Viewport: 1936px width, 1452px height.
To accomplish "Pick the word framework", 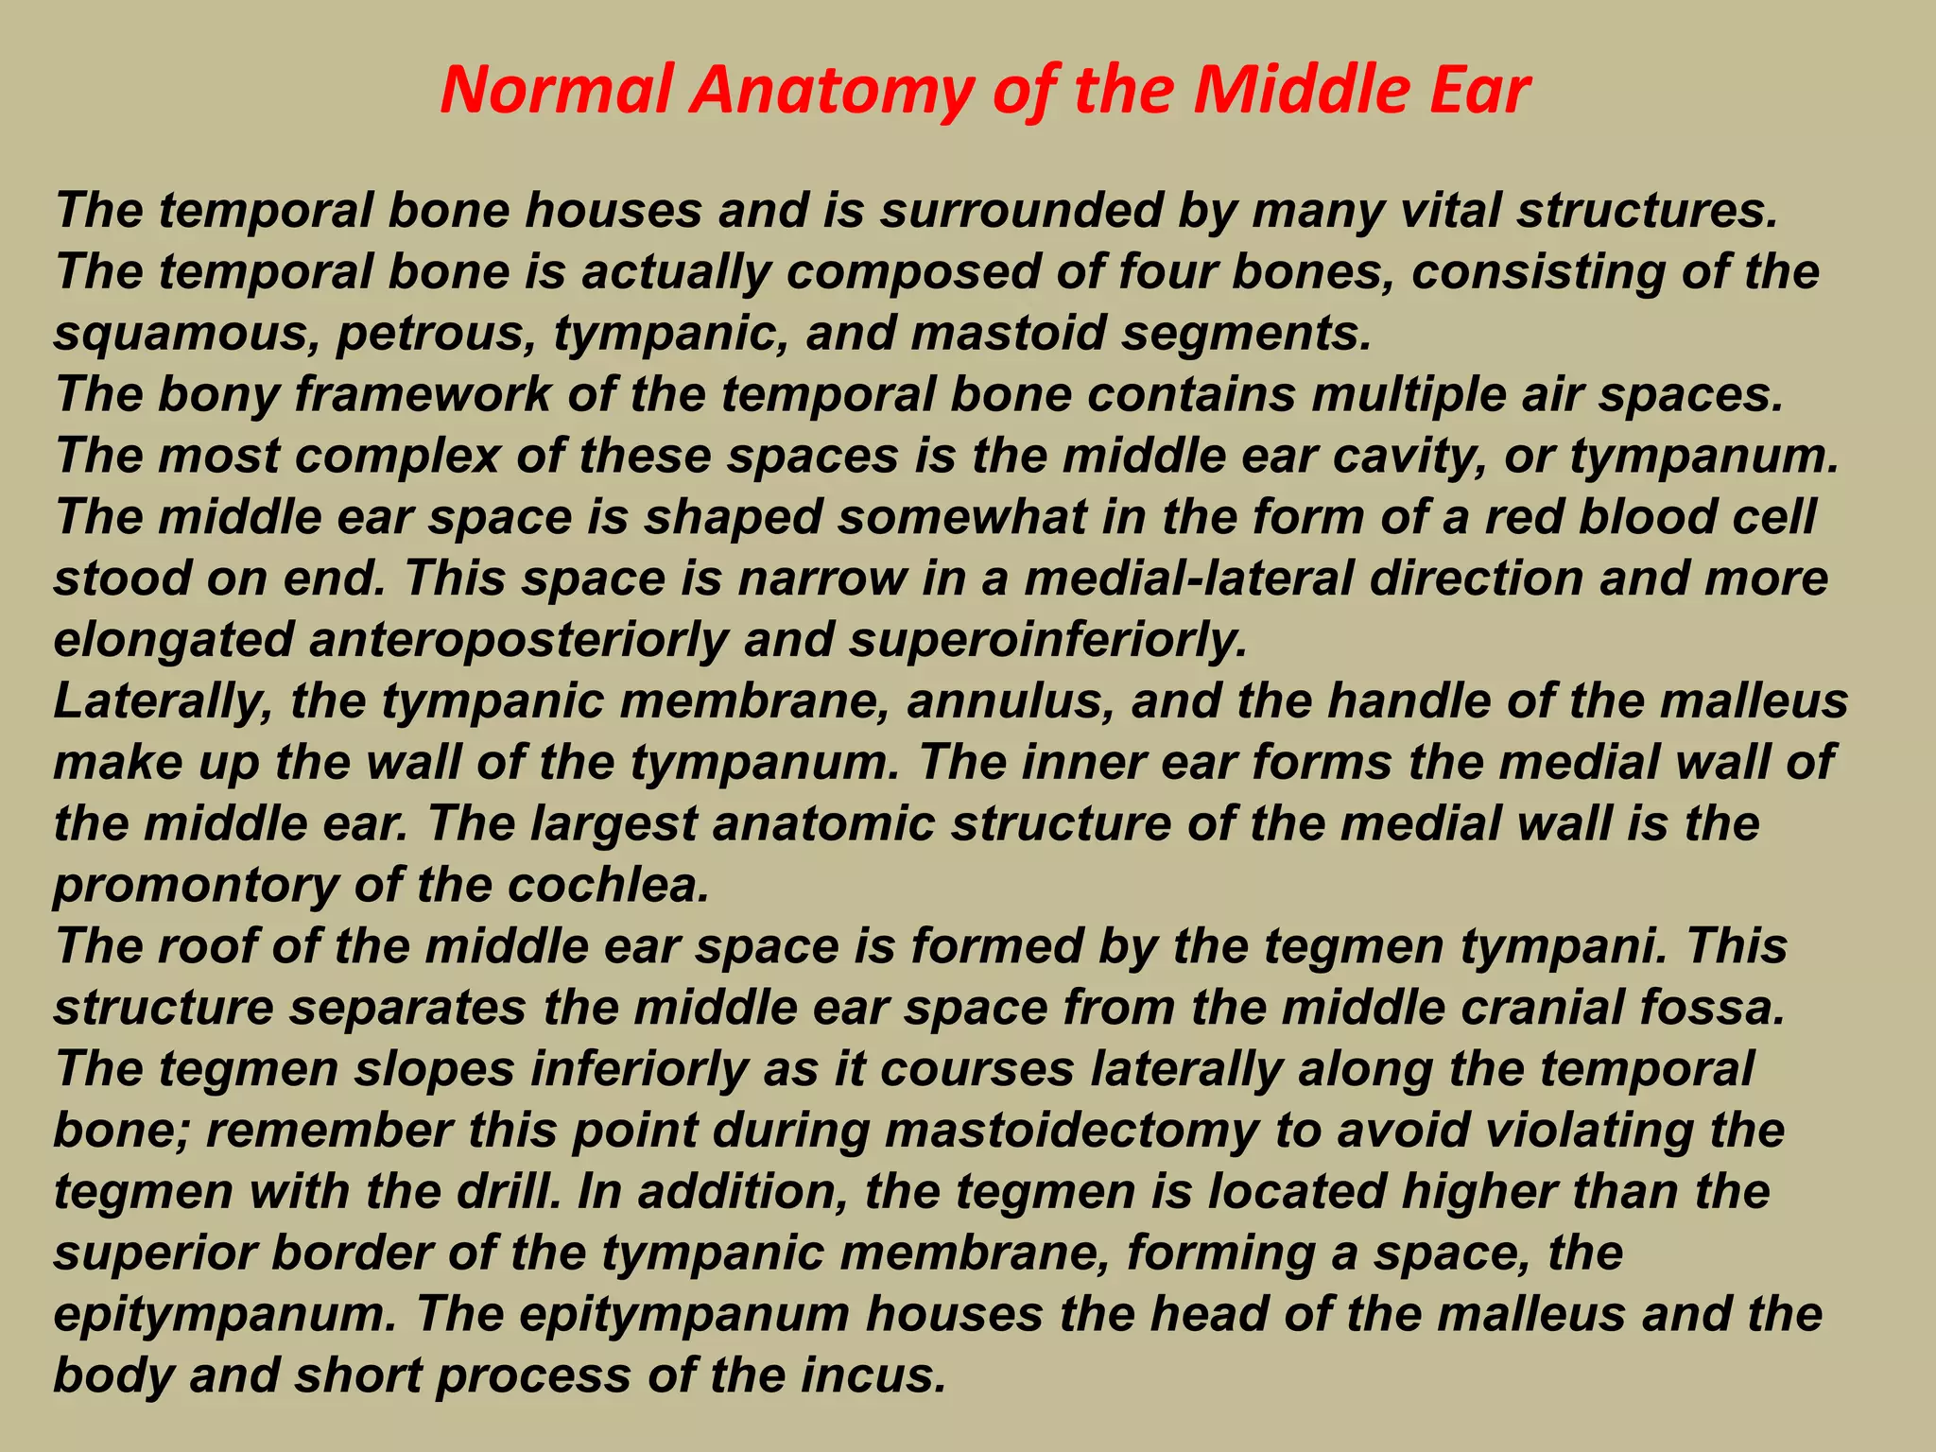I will pyautogui.click(x=422, y=394).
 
